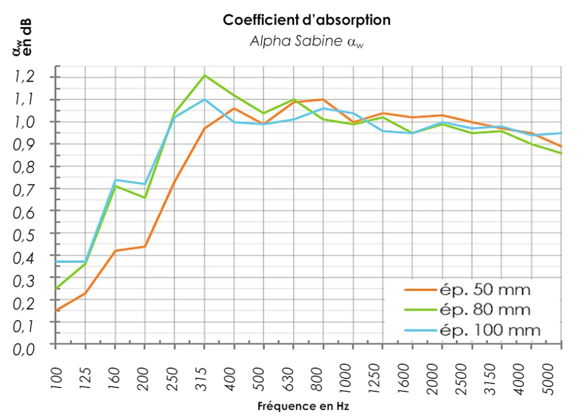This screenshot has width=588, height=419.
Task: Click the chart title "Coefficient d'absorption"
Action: pos(307,20)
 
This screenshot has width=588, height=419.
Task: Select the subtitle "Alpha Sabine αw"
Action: pos(307,41)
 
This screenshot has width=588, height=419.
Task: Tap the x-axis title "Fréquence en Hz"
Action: pos(303,406)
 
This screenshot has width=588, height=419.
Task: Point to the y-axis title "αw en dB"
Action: pos(22,37)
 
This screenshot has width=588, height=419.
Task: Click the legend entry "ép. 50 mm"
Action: pos(467,290)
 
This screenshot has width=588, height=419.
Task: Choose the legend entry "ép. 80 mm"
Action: pos(467,310)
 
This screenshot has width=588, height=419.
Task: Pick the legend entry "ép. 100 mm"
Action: pos(473,330)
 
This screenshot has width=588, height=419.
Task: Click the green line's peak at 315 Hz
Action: pos(204,75)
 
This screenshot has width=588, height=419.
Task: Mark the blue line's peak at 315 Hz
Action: pos(204,99)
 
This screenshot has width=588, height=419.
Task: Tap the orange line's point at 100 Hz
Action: pos(56,310)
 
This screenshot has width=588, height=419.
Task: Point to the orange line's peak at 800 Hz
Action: pos(323,99)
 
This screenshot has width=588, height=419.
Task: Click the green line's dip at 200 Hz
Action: pos(145,198)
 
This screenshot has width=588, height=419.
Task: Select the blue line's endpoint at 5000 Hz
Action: pos(561,133)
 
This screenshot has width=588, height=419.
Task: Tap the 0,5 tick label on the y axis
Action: pos(24,236)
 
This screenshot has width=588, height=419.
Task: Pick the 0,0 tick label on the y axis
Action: pos(24,349)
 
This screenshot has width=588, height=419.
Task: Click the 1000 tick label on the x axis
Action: pos(347,379)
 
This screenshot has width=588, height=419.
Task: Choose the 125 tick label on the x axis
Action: pos(86,379)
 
